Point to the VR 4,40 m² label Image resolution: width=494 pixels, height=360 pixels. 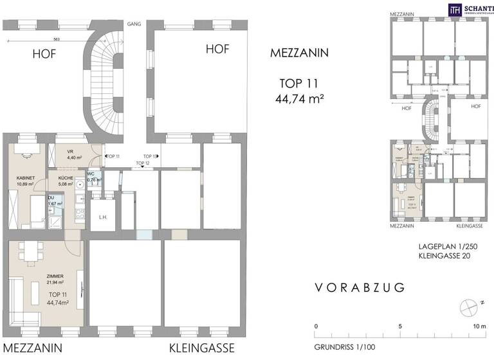[71, 154]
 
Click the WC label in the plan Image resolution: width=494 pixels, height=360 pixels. [91, 174]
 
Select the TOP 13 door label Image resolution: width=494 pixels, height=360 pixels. [151, 156]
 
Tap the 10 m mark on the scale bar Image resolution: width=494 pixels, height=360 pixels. [479, 327]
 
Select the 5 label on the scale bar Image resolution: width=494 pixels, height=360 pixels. [400, 327]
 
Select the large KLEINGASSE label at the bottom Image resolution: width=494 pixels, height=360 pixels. [202, 348]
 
